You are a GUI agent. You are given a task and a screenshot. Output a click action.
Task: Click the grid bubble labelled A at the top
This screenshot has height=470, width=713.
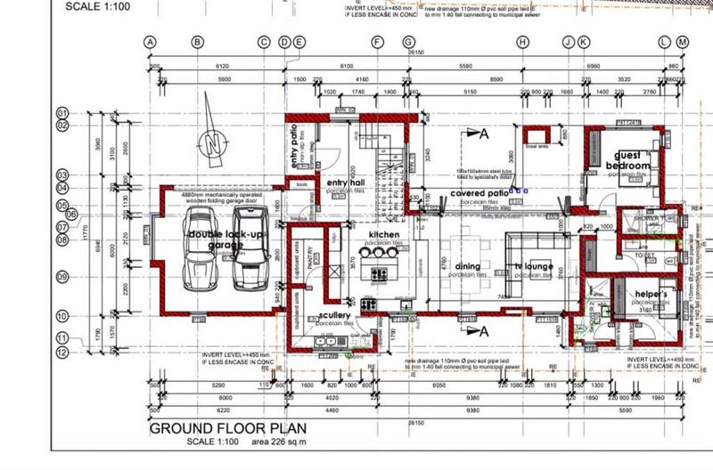click(x=150, y=42)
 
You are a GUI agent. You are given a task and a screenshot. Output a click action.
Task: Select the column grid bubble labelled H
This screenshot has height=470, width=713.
click(x=522, y=42)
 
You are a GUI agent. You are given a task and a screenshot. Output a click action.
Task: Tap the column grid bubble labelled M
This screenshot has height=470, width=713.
click(x=682, y=42)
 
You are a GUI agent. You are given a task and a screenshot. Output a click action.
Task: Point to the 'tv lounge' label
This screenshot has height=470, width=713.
click(x=535, y=268)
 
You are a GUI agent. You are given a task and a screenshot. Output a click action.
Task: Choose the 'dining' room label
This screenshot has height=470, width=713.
click(x=468, y=266)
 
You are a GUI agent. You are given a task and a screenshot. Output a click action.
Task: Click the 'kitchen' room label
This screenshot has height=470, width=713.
click(x=384, y=234)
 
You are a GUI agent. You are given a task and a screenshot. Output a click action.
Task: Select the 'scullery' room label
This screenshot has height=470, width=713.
click(x=333, y=316)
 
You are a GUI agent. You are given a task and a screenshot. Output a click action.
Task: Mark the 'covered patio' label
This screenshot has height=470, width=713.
click(x=479, y=192)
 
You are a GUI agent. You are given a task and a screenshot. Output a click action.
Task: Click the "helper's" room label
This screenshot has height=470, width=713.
click(x=652, y=296)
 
